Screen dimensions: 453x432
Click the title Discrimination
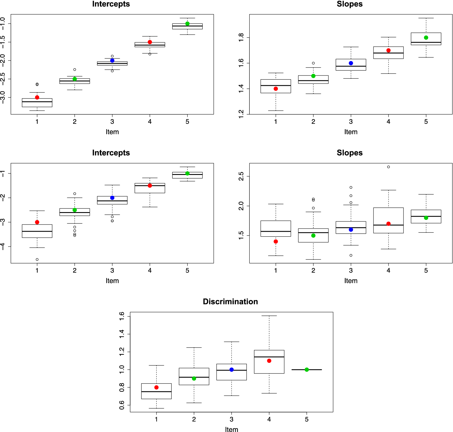coord(230,301)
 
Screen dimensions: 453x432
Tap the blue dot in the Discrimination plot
coord(232,369)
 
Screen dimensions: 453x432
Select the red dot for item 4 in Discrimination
coord(269,361)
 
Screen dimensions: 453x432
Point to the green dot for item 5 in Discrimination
coord(307,369)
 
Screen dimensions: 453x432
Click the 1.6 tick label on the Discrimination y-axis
coord(122,316)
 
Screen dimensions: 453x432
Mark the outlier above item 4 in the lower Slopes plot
coord(388,167)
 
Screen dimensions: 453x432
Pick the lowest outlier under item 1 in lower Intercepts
coord(37,259)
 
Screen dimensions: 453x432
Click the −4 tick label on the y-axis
coord(3,246)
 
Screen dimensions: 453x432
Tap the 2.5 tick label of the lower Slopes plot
coord(241,176)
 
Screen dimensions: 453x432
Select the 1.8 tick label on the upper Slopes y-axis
coord(241,37)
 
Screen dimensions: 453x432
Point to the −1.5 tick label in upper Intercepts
coord(3,42)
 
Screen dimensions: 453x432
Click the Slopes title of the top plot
coord(350,4)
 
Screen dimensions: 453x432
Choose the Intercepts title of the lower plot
coord(111,153)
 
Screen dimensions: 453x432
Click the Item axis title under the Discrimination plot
coord(232,429)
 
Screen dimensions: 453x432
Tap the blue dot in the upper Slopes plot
coord(351,63)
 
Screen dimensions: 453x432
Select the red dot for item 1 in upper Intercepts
coord(37,97)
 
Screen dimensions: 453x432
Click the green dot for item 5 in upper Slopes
coord(426,37)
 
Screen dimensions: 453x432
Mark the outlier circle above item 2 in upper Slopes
coord(313,63)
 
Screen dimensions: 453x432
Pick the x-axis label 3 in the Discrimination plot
coord(232,419)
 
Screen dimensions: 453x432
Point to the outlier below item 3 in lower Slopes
coord(351,255)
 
